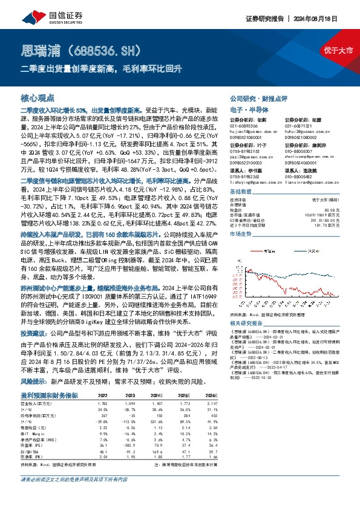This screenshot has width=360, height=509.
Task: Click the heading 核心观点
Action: click(38, 97)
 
